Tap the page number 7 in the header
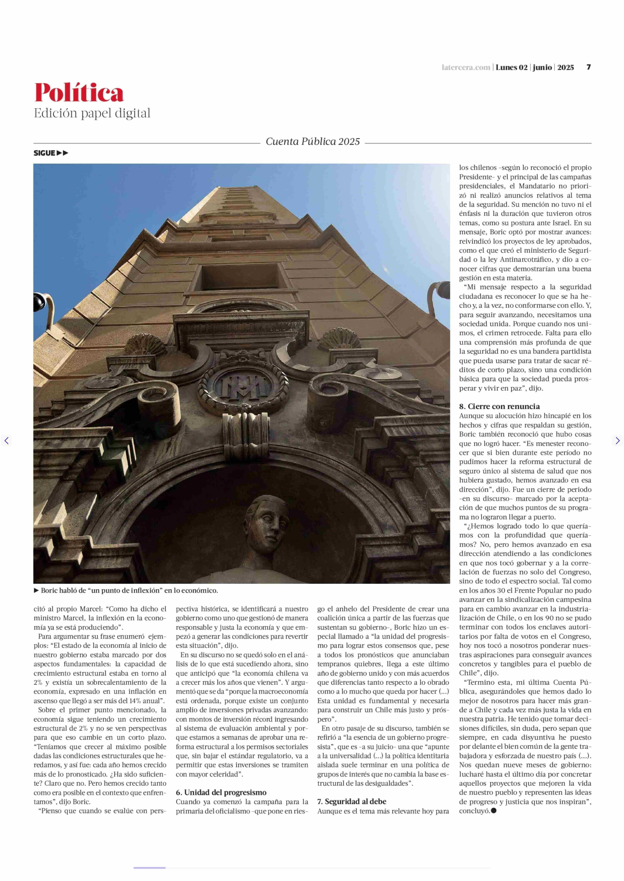tap(588, 67)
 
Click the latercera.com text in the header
tap(466, 68)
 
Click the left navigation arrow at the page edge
tap(6, 440)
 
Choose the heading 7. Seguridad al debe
tap(351, 802)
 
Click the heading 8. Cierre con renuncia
tap(499, 407)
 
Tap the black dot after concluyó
tap(494, 811)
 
